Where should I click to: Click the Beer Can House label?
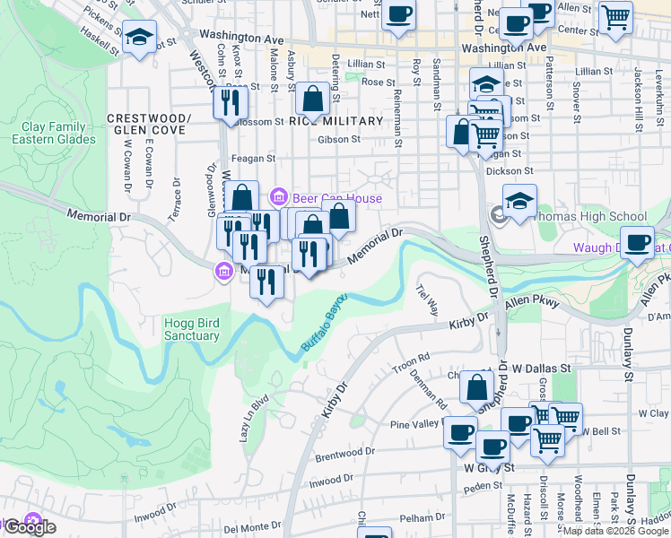click(339, 198)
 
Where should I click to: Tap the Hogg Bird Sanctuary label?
click(191, 329)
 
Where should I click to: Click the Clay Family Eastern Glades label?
click(54, 133)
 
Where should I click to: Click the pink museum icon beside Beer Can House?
click(278, 196)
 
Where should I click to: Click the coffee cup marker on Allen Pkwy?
click(638, 243)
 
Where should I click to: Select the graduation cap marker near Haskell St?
click(138, 38)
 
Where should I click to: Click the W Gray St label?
click(489, 467)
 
